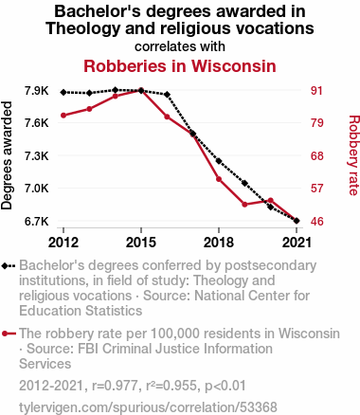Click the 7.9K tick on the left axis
point(37,91)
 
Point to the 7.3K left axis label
point(37,155)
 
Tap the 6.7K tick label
point(37,221)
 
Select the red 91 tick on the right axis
point(316,91)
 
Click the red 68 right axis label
point(316,155)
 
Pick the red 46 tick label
point(316,221)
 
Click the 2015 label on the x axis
point(141,243)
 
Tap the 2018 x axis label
point(219,243)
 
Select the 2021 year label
point(297,243)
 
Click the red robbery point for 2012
point(63,116)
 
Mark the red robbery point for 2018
point(219,179)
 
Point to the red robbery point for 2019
point(244,205)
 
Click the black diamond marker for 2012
point(63,92)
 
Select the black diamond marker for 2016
point(167,95)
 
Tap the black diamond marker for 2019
point(244,183)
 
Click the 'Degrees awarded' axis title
point(7,155)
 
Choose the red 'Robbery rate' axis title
point(353,155)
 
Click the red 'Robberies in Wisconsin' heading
point(180,66)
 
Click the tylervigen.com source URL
point(148,406)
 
